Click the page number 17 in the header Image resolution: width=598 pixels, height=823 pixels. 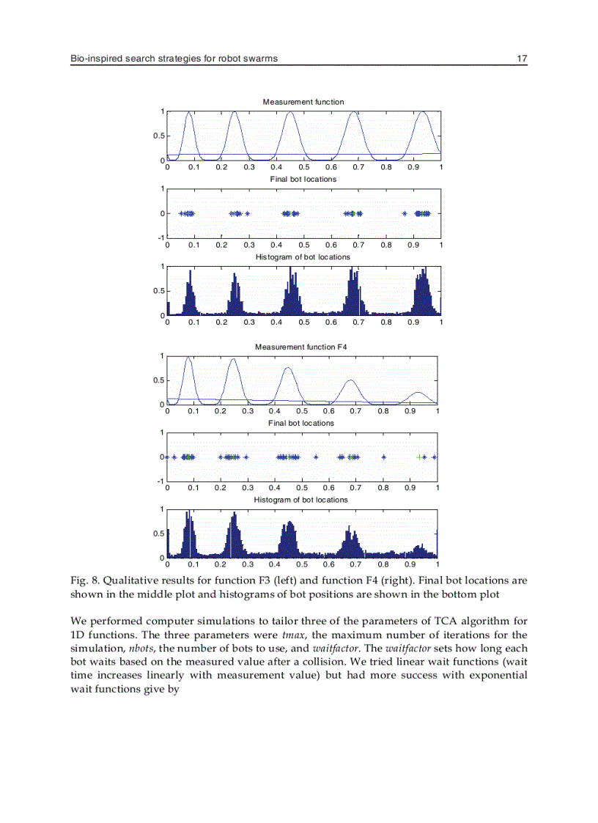point(522,58)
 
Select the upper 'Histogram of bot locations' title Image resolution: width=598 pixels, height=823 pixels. point(303,257)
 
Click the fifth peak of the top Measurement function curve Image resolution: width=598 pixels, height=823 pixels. point(424,112)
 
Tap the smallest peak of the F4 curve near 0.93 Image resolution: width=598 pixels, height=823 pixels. point(418,393)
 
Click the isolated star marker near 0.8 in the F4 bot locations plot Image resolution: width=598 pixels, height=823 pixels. point(384,457)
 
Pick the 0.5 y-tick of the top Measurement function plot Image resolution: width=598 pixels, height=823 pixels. point(158,136)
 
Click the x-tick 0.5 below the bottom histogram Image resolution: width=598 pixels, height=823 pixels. point(301,565)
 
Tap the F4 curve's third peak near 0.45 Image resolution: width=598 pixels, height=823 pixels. point(288,368)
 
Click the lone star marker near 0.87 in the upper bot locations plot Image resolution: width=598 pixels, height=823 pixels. point(405,214)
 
